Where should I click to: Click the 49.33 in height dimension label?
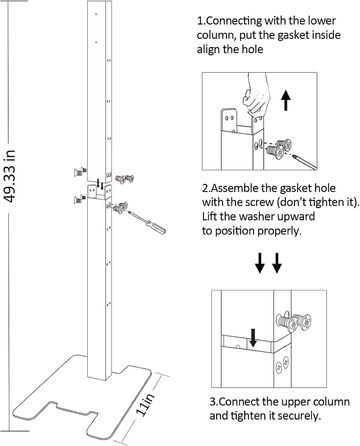point(9,176)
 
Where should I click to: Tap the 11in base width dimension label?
point(146,404)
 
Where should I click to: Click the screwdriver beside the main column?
point(147,221)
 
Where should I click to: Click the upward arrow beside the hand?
point(285,101)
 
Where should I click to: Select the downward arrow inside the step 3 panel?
point(253,337)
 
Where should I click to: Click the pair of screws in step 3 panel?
point(294,322)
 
